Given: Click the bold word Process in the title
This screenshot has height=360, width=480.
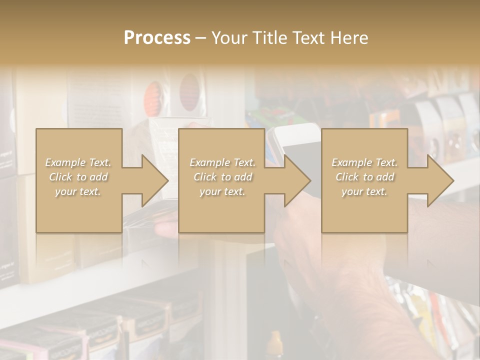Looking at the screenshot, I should [x=157, y=38].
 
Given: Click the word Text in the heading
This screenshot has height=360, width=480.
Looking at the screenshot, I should [x=308, y=38].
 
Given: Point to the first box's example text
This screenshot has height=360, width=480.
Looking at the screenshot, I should [x=78, y=177].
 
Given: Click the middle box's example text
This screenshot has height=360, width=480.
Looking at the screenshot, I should [x=222, y=177].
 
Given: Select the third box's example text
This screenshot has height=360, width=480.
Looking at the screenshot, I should [x=364, y=177].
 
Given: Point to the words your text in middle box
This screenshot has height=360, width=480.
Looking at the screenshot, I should [x=222, y=191].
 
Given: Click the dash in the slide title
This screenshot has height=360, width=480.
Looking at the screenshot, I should [x=200, y=38].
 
